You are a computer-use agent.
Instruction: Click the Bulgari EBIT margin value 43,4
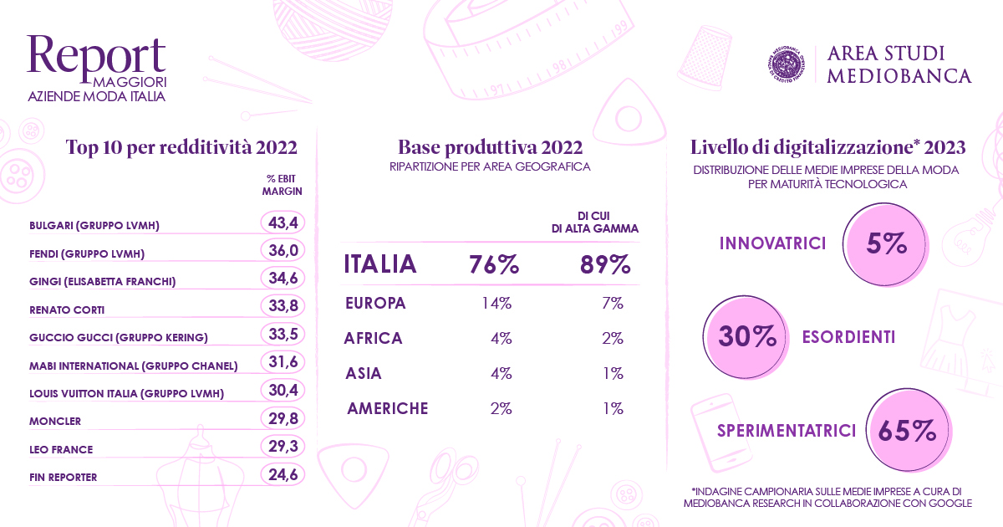(283, 223)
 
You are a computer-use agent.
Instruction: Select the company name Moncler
(55, 422)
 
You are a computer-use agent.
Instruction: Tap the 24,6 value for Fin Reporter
(283, 474)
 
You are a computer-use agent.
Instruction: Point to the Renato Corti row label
(67, 310)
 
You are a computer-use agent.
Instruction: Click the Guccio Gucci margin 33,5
(283, 334)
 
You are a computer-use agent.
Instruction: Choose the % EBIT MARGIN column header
(283, 185)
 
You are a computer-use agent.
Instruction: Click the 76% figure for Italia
(494, 264)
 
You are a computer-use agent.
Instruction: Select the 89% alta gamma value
(605, 264)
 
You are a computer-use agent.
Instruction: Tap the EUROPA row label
(375, 303)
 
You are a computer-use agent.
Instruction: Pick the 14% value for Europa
(496, 304)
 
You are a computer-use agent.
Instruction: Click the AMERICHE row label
(388, 408)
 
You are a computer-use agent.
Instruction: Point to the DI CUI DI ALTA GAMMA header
(594, 223)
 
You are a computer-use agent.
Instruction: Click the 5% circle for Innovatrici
(885, 244)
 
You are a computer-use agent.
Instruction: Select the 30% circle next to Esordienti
(745, 337)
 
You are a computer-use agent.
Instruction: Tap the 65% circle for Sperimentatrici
(908, 430)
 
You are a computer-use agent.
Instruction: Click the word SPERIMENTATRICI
(787, 431)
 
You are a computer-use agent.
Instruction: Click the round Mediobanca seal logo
(787, 64)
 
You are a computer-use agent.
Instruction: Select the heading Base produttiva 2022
(491, 147)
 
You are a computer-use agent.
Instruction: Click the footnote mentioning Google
(827, 498)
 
